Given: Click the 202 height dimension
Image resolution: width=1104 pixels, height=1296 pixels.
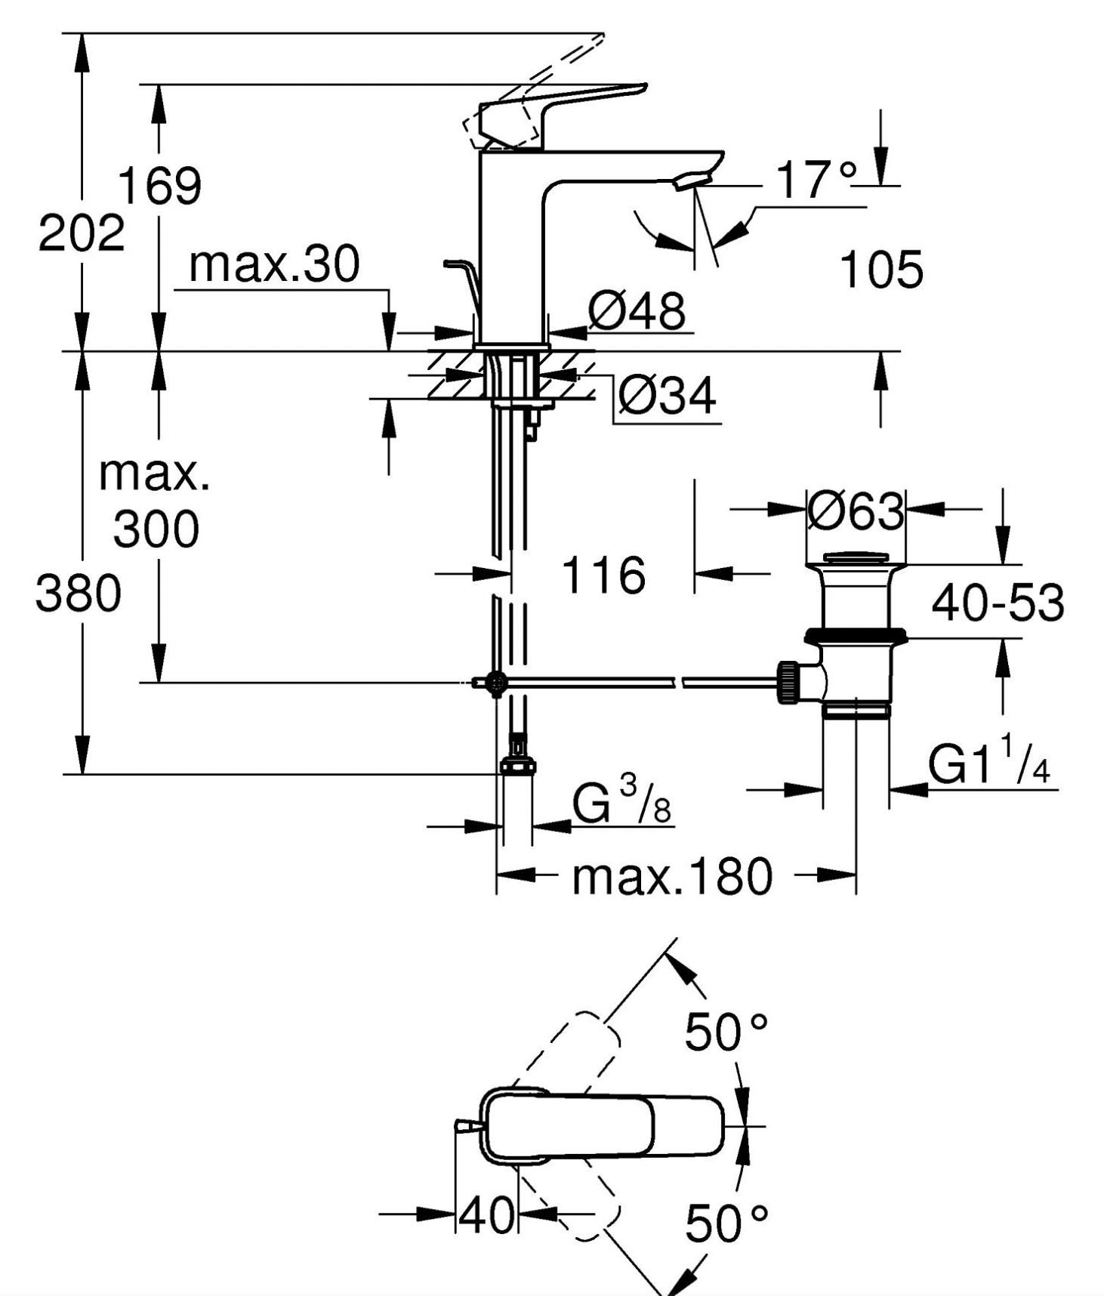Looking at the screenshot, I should click(82, 233).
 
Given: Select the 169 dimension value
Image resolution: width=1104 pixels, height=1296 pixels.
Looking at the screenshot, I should click(160, 186).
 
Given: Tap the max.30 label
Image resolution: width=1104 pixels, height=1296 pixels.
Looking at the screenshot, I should click(274, 264).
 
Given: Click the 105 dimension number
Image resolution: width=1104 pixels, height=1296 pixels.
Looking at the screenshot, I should click(881, 269).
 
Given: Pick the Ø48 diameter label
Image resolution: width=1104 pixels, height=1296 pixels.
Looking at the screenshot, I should click(637, 310).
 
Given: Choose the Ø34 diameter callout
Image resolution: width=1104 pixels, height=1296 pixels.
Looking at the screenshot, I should click(666, 395).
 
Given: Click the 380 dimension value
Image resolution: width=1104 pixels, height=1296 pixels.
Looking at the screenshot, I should click(79, 593).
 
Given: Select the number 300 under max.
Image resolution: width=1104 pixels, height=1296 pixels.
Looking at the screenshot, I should click(156, 529).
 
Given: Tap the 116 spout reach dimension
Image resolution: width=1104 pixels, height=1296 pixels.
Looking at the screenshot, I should click(603, 575).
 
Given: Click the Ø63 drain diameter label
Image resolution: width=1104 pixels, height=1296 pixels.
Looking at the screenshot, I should click(856, 511).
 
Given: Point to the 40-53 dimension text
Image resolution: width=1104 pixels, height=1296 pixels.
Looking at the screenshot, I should click(998, 603).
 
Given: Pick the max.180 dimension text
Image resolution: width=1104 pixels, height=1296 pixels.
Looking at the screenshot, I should click(672, 877).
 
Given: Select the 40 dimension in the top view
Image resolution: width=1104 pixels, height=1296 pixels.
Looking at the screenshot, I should click(487, 1215).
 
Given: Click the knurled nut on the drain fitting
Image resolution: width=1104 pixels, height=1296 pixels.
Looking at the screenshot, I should click(788, 682).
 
